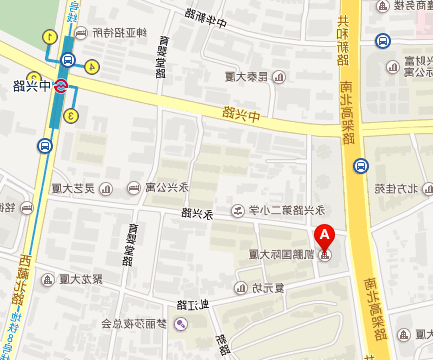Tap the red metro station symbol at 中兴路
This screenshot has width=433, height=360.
tap(61, 85)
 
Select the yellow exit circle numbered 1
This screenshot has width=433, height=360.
tap(48, 37)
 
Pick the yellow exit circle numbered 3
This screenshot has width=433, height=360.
tap(71, 117)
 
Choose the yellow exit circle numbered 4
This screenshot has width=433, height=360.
tap(93, 66)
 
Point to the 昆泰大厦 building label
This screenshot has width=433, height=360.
tap(246, 76)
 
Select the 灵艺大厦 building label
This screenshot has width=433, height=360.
tap(72, 186)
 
